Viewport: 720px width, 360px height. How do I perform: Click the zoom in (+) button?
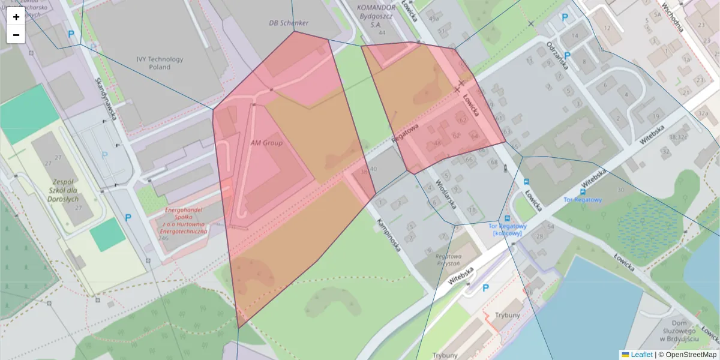tap(16, 17)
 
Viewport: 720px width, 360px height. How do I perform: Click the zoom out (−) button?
tap(16, 35)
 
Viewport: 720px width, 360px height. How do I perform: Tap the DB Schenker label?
tap(288, 23)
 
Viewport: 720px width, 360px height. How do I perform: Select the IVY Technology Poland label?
tap(160, 63)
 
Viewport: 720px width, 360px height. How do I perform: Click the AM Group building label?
tap(266, 143)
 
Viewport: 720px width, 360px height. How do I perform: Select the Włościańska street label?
tap(446, 194)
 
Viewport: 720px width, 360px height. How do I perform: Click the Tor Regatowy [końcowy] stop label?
tap(508, 229)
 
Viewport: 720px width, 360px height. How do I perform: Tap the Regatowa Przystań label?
tap(448, 259)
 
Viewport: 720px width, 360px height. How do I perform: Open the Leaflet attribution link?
tap(641, 355)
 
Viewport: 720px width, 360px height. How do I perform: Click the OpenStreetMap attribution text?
tap(691, 355)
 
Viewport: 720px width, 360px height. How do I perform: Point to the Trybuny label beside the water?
tap(508, 315)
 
